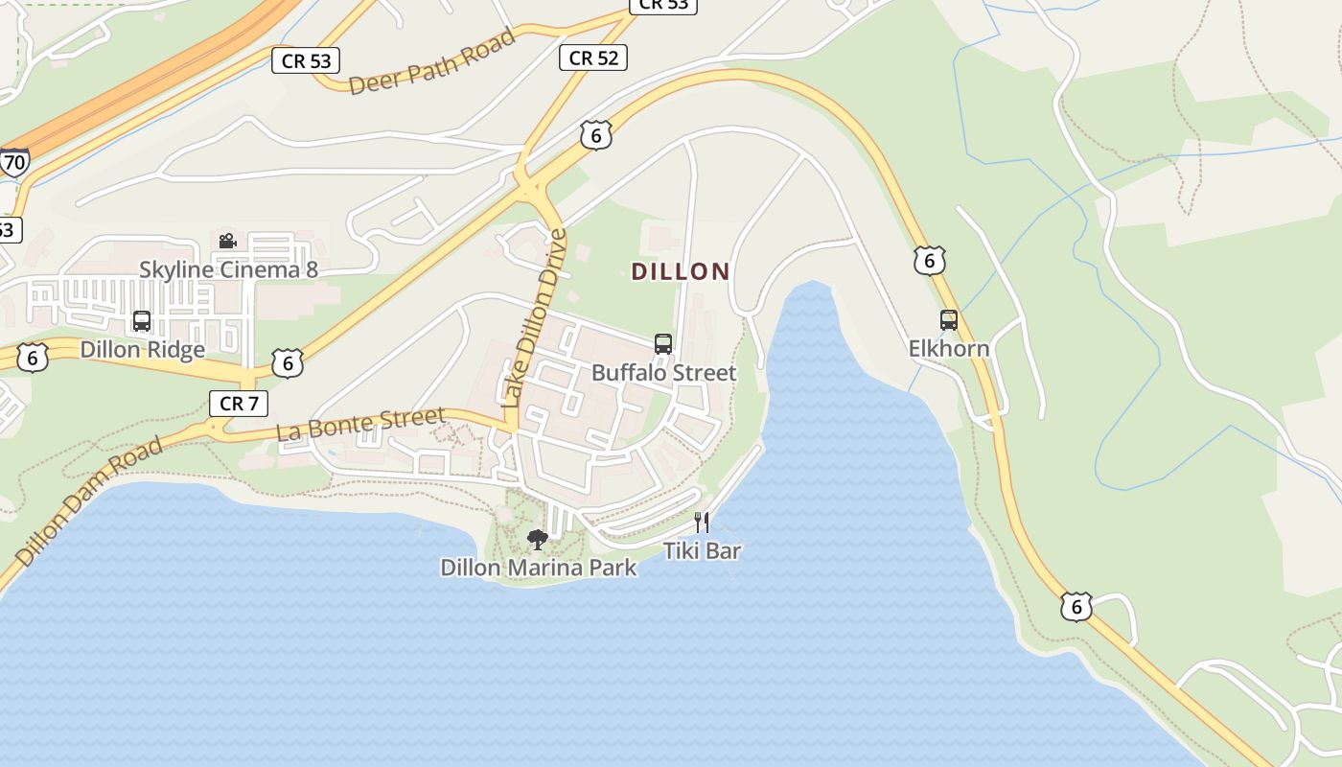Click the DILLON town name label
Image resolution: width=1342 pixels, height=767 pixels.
pos(681,271)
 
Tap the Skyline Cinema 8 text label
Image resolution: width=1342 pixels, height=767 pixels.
pos(228,269)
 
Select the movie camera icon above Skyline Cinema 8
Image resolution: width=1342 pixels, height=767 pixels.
pos(227,241)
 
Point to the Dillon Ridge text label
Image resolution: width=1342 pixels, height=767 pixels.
pos(142,349)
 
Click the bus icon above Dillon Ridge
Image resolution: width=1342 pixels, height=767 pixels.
pos(142,321)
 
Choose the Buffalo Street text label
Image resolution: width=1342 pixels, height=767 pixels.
pos(663,372)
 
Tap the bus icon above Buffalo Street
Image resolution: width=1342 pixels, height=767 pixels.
pos(662,344)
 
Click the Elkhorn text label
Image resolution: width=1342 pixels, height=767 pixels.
pos(949,348)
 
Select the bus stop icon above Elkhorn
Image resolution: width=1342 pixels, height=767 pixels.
pos(949,320)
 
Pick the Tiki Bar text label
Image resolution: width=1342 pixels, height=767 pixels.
pos(703,550)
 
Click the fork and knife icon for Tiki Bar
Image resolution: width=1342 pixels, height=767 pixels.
pos(703,523)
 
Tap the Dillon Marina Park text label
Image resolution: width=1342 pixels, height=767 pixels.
pos(538,568)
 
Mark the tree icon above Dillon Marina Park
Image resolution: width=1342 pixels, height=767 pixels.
pos(538,540)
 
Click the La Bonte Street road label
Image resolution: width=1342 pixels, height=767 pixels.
pos(360,425)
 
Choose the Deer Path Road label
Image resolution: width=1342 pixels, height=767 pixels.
pos(432,62)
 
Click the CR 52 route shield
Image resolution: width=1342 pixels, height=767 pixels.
pos(593,58)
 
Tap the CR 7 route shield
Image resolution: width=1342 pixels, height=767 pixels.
pos(238,404)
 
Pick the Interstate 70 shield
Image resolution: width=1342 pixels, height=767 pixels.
pos(13,161)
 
